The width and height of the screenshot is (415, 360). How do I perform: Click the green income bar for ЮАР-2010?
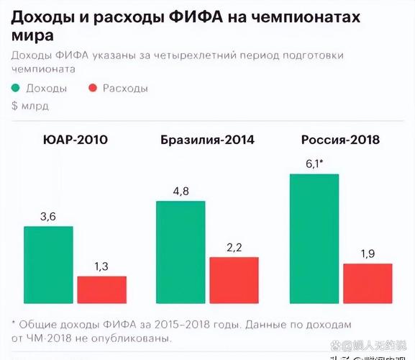(x=48, y=264)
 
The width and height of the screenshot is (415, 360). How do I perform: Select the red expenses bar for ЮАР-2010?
(x=101, y=289)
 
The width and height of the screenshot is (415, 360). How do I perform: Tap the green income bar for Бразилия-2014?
(x=181, y=251)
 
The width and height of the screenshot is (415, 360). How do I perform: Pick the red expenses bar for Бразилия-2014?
(x=234, y=280)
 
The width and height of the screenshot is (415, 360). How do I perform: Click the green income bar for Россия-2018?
(x=314, y=238)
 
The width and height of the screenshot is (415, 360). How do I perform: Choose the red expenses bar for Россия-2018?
(x=368, y=283)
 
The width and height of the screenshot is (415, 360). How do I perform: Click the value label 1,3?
(x=101, y=266)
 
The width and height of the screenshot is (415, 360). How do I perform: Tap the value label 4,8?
(x=181, y=191)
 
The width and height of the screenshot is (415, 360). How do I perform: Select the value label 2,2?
(x=234, y=247)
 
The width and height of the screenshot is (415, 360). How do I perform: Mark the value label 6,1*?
(x=314, y=163)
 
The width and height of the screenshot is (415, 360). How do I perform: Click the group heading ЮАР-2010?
(x=76, y=140)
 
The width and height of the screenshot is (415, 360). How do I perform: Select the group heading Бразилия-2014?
(x=207, y=140)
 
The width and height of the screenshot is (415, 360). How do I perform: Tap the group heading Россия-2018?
(x=341, y=140)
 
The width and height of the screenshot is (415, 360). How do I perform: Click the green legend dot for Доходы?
(x=17, y=88)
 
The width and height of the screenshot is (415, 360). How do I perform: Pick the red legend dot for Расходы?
(x=92, y=88)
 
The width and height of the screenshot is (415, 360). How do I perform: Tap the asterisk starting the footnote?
(x=14, y=324)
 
